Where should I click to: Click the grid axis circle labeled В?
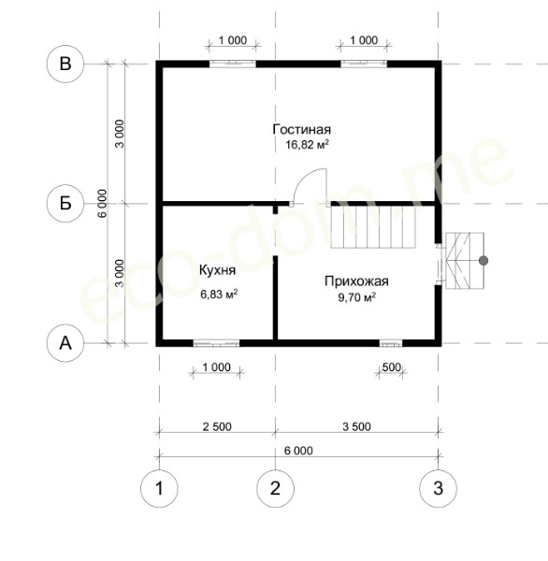click(x=65, y=64)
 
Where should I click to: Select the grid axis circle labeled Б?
click(x=65, y=204)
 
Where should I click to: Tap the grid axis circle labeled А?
click(x=65, y=343)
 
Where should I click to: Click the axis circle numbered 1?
click(x=159, y=488)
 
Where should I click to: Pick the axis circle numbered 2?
click(x=275, y=488)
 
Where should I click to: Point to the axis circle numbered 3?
click(x=438, y=488)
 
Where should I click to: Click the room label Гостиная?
click(x=302, y=129)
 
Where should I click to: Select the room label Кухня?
click(x=217, y=270)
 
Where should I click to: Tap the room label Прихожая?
click(x=356, y=281)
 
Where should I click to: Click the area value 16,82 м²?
click(x=307, y=145)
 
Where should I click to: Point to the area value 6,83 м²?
click(x=219, y=295)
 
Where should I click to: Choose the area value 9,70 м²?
click(x=357, y=297)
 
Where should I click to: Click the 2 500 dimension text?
click(x=217, y=426)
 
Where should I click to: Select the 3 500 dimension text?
click(x=356, y=426)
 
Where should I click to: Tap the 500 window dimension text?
click(x=392, y=367)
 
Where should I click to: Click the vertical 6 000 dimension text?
click(x=103, y=204)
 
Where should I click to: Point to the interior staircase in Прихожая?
click(x=373, y=227)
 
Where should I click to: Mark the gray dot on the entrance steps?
click(x=483, y=261)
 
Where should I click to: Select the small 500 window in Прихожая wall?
click(x=391, y=344)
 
